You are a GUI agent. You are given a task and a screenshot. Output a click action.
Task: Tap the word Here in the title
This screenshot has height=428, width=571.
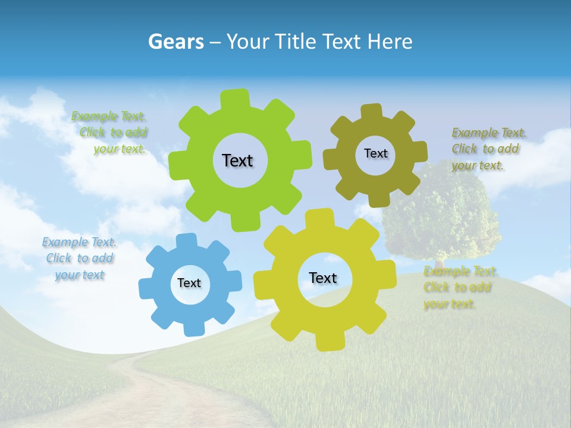click(x=389, y=42)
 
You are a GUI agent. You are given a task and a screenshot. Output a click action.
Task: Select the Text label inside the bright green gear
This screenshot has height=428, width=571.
click(x=237, y=160)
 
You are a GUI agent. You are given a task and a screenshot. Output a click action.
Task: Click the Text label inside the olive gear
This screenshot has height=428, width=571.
click(x=375, y=153)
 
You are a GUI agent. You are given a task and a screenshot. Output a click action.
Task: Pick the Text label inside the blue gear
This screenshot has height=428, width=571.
click(x=189, y=283)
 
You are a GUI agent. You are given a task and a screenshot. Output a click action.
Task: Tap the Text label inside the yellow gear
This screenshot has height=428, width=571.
click(x=323, y=278)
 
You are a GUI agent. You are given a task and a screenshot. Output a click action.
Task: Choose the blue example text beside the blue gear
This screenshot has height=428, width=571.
click(x=79, y=259)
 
